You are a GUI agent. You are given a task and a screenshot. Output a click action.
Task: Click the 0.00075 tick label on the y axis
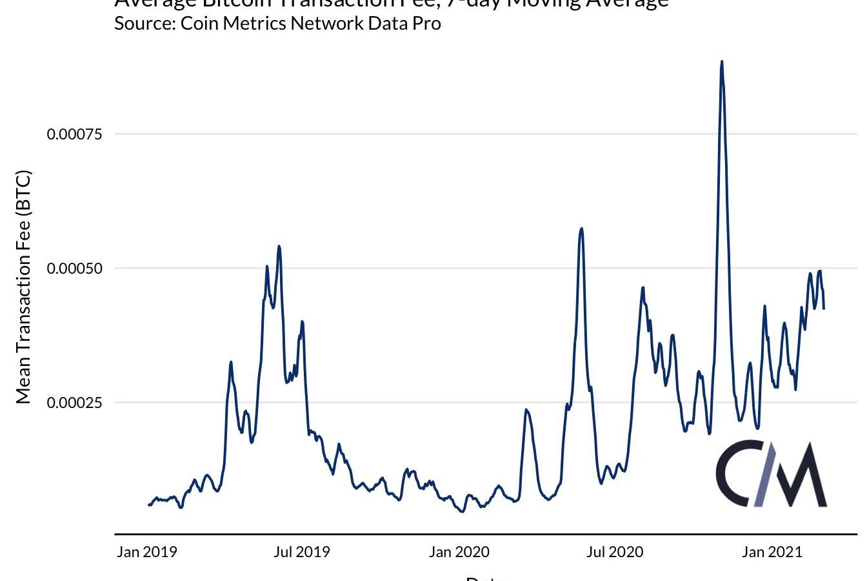75,134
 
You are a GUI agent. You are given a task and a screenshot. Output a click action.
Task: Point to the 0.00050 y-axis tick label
75,269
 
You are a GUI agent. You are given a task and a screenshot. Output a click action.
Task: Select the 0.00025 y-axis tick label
75,403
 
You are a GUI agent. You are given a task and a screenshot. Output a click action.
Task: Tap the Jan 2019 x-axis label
147,552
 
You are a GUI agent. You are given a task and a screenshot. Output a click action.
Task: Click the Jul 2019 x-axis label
301,552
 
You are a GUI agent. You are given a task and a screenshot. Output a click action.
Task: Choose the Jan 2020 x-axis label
459,552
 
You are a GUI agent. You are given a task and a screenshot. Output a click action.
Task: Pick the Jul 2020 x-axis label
615,552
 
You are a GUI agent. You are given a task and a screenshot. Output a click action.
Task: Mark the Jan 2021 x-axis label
772,552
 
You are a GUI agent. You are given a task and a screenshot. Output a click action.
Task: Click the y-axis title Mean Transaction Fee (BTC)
23,287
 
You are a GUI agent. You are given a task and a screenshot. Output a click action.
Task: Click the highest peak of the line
722,62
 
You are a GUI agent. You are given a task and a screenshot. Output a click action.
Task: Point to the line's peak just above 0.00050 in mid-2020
582,229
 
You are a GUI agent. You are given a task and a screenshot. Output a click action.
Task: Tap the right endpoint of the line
824,309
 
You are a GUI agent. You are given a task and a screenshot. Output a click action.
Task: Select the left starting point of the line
148,505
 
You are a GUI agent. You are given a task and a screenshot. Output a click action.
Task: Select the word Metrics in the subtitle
255,24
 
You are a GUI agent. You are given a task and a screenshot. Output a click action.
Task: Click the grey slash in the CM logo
766,474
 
